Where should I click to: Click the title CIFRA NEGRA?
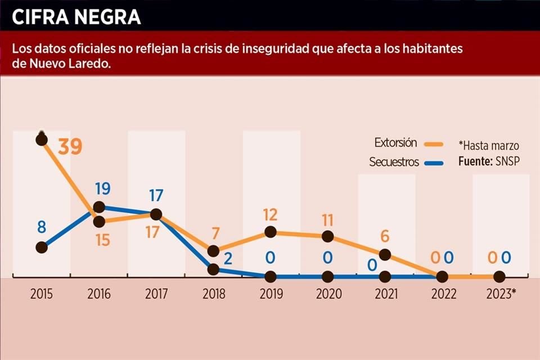tap(76, 17)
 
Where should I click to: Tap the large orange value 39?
tap(70, 147)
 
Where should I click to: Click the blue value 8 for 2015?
tap(41, 228)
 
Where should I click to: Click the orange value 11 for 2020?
tap(328, 219)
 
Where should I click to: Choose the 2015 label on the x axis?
tap(41, 294)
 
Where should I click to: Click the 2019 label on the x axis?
tap(271, 294)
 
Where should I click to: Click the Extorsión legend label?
tap(395, 143)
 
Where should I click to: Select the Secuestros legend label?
tap(394, 162)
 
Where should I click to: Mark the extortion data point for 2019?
tap(271, 232)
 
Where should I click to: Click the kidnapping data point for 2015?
tap(41, 247)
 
